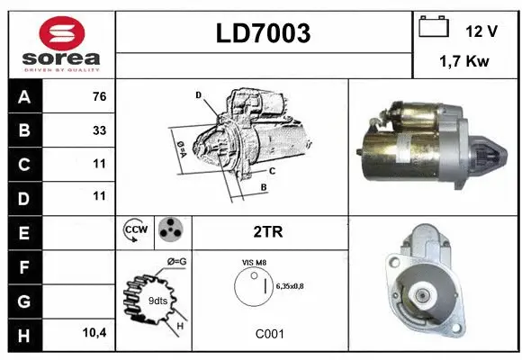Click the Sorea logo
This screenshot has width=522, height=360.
point(61,44)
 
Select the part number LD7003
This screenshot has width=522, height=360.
point(264,34)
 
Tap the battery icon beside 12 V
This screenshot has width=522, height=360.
point(434,28)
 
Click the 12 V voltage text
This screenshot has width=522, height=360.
point(481,31)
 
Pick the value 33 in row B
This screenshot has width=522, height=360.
point(99,130)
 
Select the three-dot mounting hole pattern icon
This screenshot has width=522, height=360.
point(169,230)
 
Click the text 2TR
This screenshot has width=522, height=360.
point(269,231)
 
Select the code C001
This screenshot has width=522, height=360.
point(270,333)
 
